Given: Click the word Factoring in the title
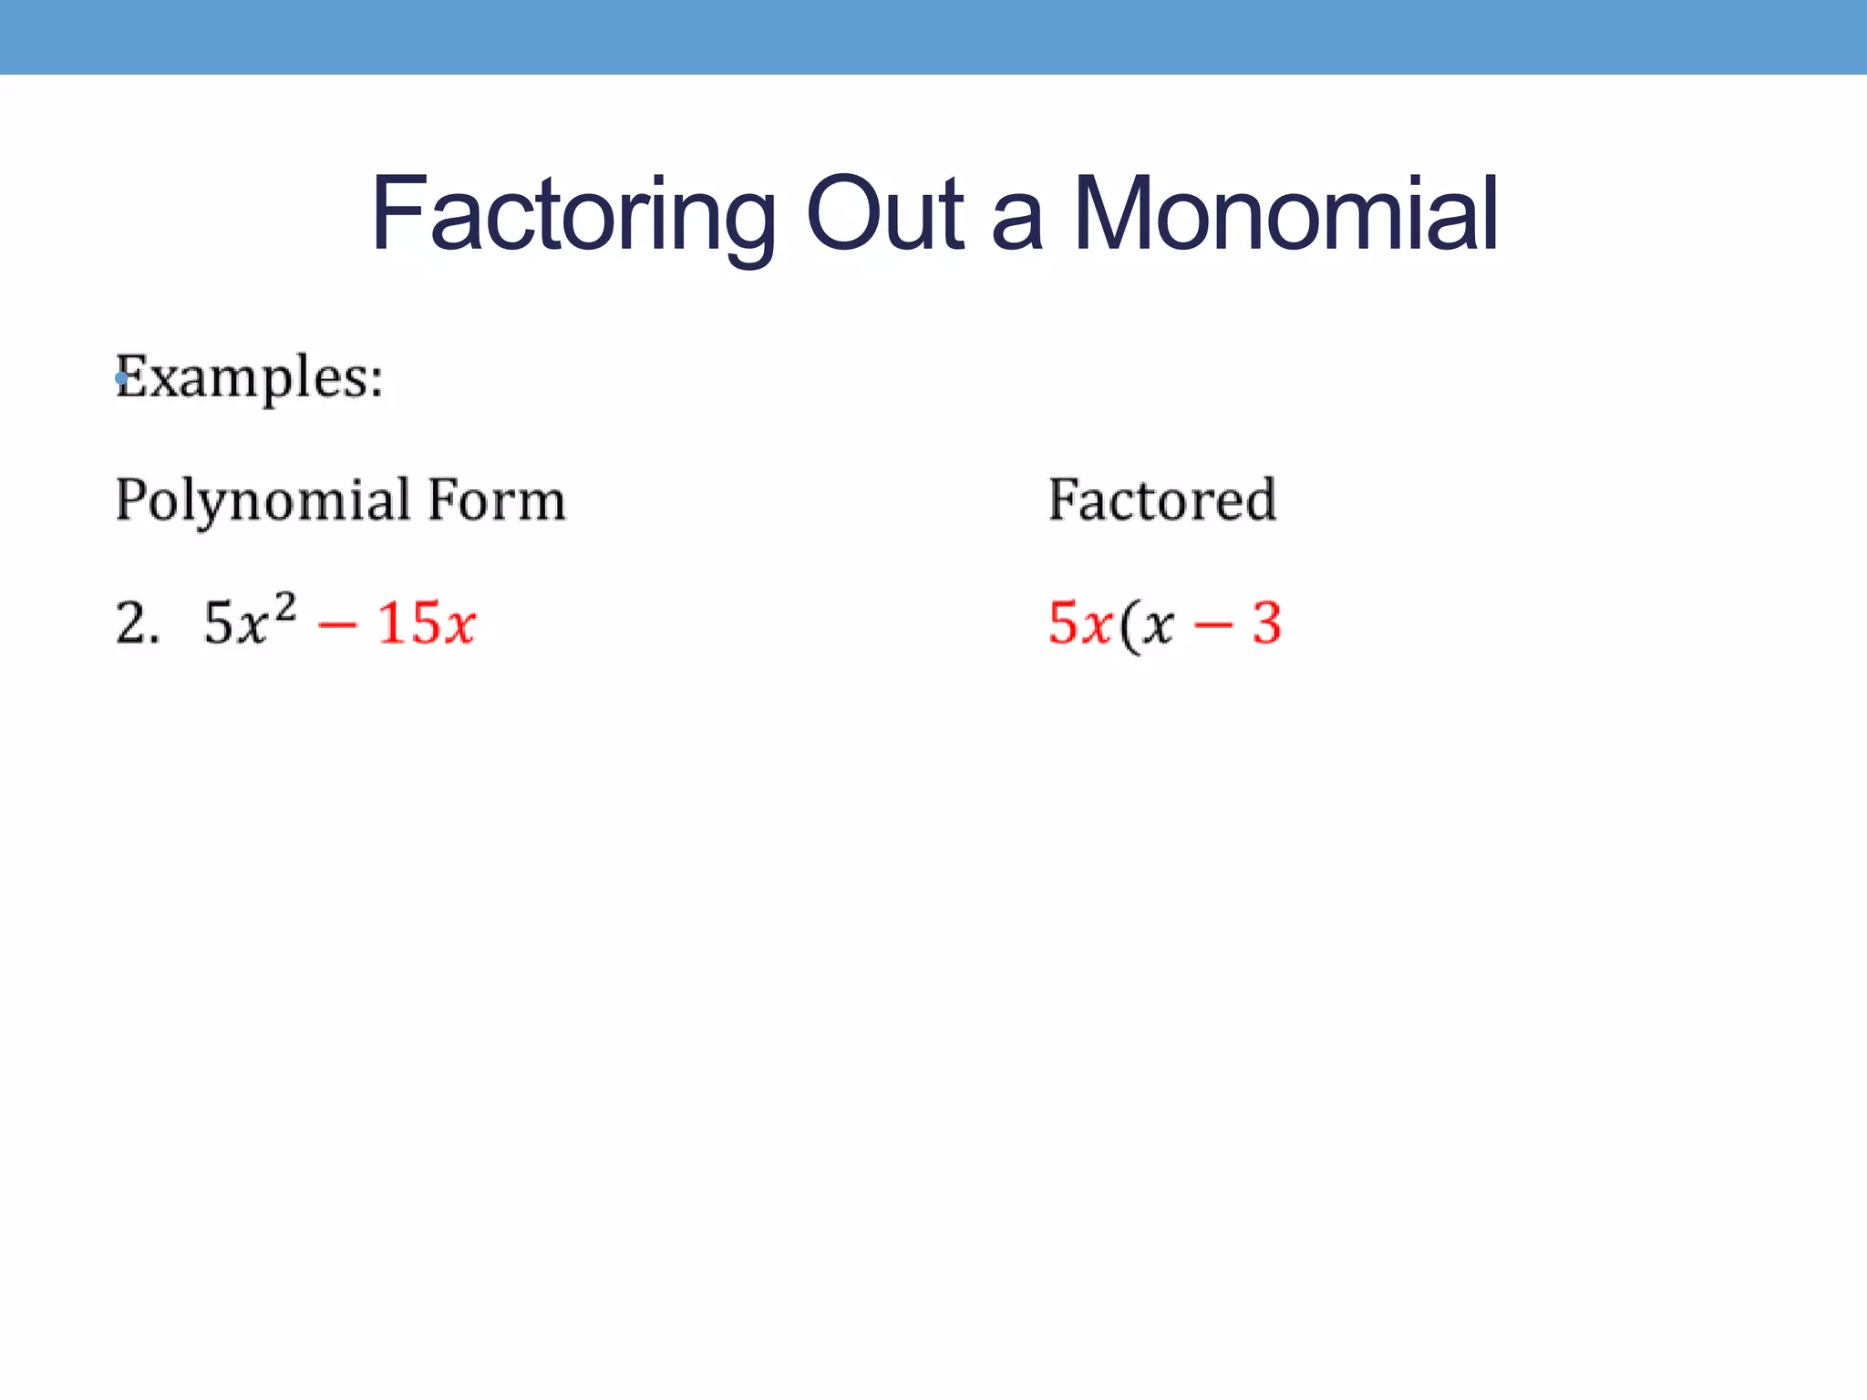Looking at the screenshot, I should coord(572,215).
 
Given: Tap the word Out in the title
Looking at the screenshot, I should coord(884,215).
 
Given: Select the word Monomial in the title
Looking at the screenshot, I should coord(1285,215).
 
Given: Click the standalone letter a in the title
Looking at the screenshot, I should coord(1016,223).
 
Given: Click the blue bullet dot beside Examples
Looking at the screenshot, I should coord(121,378).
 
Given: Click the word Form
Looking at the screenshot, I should coord(497,501).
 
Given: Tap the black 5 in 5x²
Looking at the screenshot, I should coord(218,624).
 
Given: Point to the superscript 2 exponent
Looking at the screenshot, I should coord(285,605).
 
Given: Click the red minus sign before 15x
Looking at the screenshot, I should coord(337,626).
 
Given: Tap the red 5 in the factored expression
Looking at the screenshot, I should coord(1064,624).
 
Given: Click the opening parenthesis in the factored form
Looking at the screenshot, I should coord(1130,627).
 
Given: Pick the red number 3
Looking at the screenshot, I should coord(1267,624).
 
